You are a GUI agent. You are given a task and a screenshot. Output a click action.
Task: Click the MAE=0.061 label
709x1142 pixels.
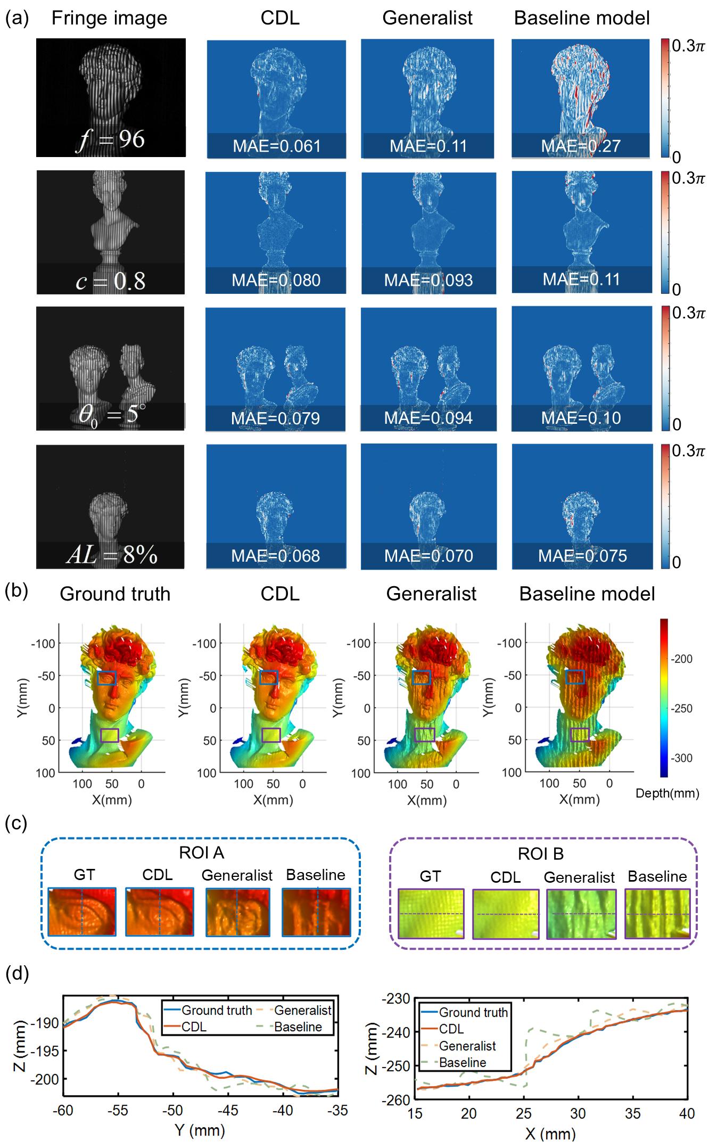[x=276, y=146]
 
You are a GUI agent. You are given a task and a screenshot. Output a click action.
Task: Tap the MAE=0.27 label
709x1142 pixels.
[x=581, y=146]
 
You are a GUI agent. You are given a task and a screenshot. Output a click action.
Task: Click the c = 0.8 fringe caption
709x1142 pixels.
[x=111, y=281]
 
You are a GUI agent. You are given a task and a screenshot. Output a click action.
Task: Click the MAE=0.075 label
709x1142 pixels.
[x=582, y=556]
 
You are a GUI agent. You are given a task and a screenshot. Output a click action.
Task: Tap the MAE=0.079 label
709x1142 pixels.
[x=275, y=418]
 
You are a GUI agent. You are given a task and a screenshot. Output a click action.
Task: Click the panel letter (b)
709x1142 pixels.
[x=16, y=591]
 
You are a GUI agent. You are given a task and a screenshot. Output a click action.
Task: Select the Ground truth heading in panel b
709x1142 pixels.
[x=115, y=594]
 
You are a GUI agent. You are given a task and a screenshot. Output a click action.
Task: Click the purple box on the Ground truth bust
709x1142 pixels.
[x=110, y=735]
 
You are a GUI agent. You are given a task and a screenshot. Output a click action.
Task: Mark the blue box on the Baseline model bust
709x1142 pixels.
[x=575, y=677]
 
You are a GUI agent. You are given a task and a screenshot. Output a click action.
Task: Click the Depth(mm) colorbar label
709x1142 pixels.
[x=667, y=793]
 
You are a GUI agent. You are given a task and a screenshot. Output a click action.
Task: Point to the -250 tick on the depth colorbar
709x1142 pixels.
[x=682, y=709]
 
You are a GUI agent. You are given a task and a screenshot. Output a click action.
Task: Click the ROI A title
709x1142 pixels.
[x=201, y=853]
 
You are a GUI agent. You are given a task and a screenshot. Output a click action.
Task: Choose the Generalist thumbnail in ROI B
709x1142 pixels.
[x=581, y=914]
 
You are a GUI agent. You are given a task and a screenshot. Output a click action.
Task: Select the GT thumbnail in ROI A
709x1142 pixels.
[x=82, y=911]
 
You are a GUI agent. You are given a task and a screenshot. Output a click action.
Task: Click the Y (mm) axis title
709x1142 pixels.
[x=200, y=1130]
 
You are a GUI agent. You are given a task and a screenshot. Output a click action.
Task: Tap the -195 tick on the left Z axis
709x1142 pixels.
[x=45, y=1051]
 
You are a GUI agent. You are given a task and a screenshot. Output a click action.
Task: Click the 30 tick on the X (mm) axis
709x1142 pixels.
[x=578, y=1113]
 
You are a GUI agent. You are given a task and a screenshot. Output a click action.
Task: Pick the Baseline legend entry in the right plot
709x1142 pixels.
[x=462, y=1063]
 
